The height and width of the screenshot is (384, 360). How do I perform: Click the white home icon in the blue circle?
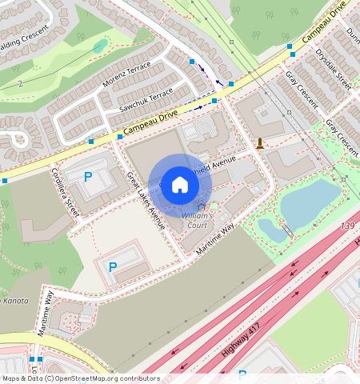click(180, 185)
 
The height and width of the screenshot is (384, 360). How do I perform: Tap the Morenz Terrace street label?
click(126, 75)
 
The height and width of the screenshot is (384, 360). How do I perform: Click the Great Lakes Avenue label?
click(146, 201)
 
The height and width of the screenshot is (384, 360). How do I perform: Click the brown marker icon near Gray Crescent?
click(261, 143)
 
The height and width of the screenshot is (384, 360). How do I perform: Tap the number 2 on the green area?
click(20, 83)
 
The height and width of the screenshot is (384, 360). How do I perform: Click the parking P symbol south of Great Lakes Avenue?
click(112, 266)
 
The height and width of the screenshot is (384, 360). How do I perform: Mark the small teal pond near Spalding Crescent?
click(99, 46)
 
